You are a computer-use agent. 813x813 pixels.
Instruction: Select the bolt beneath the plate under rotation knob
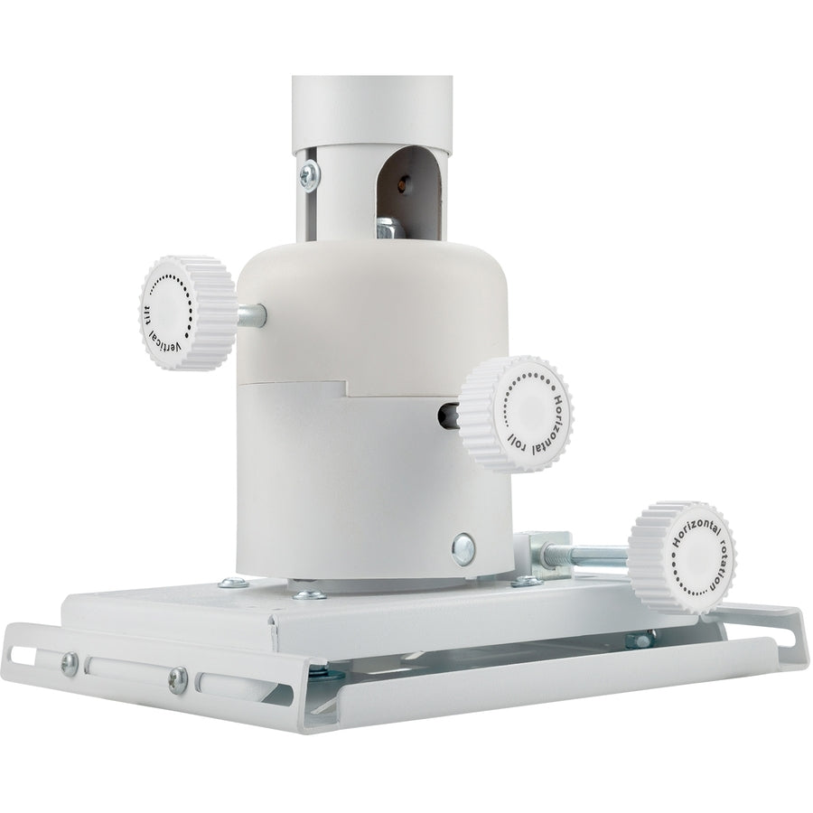pyautogui.click(x=641, y=640)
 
